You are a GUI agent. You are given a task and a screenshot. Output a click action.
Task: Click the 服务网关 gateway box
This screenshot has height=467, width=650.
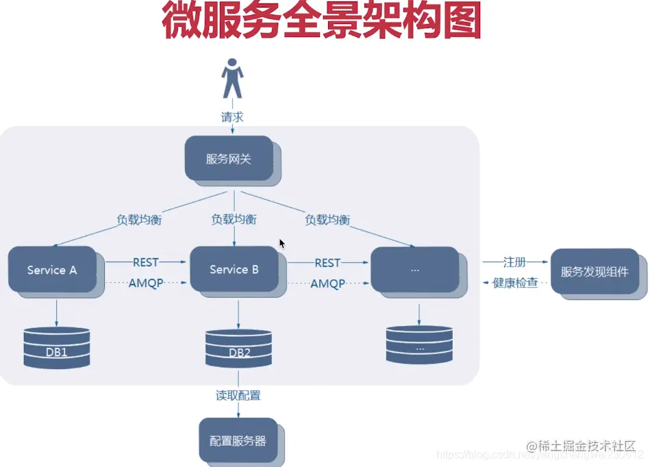[229, 159]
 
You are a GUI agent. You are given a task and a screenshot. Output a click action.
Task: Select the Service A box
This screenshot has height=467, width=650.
[52, 270]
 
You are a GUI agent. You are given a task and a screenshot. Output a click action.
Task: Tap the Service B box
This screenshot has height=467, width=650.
[234, 270]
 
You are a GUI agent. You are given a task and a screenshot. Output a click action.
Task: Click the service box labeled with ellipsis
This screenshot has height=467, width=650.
[414, 270]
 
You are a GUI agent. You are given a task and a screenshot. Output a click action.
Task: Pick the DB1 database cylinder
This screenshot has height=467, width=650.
[56, 348]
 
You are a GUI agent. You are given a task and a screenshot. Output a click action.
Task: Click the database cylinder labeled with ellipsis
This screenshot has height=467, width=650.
[419, 344]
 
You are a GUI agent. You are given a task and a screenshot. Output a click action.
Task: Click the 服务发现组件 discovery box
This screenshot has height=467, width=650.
[595, 272]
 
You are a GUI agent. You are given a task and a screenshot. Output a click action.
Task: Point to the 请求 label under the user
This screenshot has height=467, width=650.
[232, 117]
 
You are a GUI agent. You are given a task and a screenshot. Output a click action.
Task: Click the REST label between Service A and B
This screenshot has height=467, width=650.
[145, 262]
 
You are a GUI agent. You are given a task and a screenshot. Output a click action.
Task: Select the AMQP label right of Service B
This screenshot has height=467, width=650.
[327, 283]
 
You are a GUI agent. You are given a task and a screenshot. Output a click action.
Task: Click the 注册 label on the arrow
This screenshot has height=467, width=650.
[514, 262]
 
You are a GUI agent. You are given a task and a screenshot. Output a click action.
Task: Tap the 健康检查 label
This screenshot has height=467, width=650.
[515, 283]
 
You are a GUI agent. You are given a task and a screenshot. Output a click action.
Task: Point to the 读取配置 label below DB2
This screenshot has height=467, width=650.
[238, 396]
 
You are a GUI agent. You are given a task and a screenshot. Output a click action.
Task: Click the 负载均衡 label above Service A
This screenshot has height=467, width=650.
[139, 220]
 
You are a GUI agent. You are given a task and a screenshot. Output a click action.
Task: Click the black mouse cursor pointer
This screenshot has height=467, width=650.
[282, 244]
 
